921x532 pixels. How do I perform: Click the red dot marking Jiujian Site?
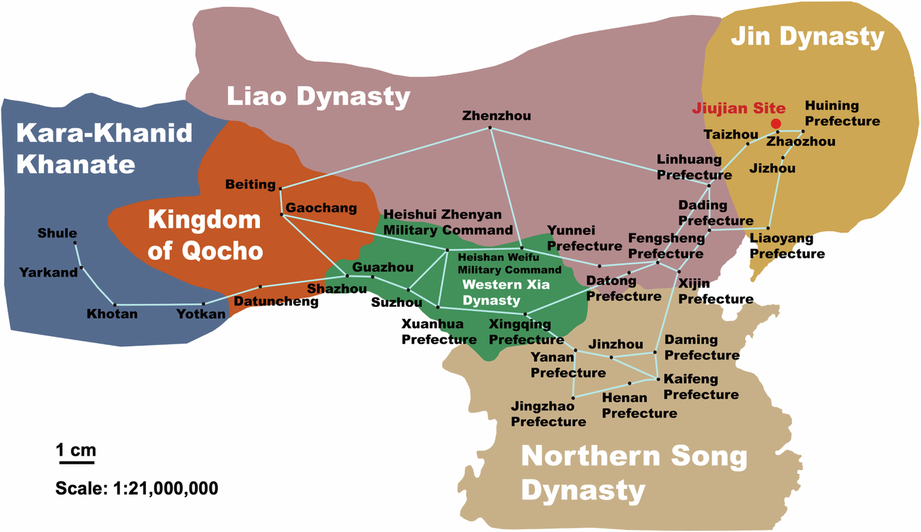776,123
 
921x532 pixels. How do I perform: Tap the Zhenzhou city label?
496,116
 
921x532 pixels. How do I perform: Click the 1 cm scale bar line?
76,462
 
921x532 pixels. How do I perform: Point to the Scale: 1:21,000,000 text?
136,488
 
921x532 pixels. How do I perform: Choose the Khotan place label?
112,314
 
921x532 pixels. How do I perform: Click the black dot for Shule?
75,243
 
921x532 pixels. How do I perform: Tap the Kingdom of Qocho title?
205,235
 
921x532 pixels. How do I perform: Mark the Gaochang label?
321,207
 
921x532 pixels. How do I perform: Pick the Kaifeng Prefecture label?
701,387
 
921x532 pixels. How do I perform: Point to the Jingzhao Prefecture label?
548,414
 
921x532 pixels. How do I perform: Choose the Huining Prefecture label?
842,113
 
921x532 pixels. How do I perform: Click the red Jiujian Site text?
738,108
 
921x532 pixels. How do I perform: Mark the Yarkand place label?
48,272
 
